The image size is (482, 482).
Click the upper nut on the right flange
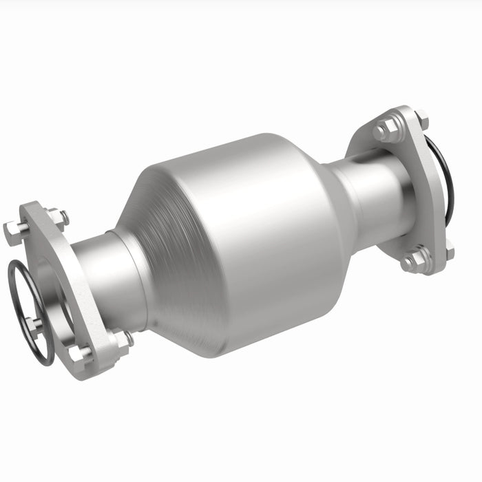pyautogui.click(x=387, y=129)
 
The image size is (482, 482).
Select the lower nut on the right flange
pyautogui.click(x=415, y=260)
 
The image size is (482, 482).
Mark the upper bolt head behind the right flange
pyautogui.click(x=421, y=121)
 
